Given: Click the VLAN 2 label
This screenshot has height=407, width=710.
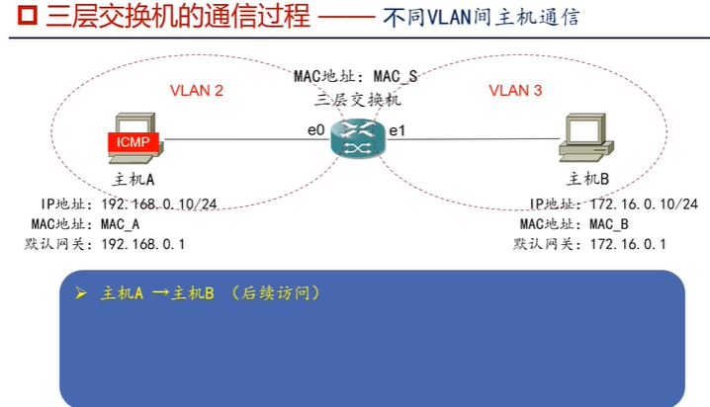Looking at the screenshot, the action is [x=197, y=91].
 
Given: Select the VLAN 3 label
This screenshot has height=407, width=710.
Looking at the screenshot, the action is [x=515, y=91].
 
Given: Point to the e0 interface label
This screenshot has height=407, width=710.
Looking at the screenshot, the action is [x=315, y=129].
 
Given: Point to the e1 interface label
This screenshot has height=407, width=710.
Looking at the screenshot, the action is [x=398, y=130].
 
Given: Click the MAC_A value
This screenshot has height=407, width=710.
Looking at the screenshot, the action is [x=121, y=223].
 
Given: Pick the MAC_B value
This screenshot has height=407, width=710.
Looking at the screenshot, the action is [x=609, y=223].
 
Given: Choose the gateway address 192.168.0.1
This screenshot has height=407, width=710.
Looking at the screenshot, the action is [x=143, y=243].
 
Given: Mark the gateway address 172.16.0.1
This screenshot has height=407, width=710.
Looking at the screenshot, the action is [x=628, y=243].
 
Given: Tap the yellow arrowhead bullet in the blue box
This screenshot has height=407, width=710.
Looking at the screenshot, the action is [x=82, y=294].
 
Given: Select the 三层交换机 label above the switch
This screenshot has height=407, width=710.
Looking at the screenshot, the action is [x=356, y=99].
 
